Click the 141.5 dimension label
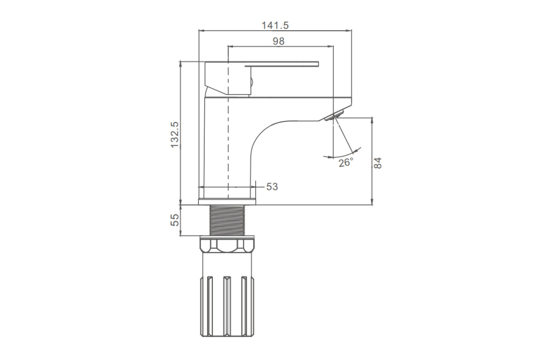coord(275,25)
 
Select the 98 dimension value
coord(279,41)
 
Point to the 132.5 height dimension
coord(175,135)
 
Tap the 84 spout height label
coord(378,163)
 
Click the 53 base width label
coord(272,187)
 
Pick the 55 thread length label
coord(175,220)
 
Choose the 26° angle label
coord(346,163)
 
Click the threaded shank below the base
coord(227,220)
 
